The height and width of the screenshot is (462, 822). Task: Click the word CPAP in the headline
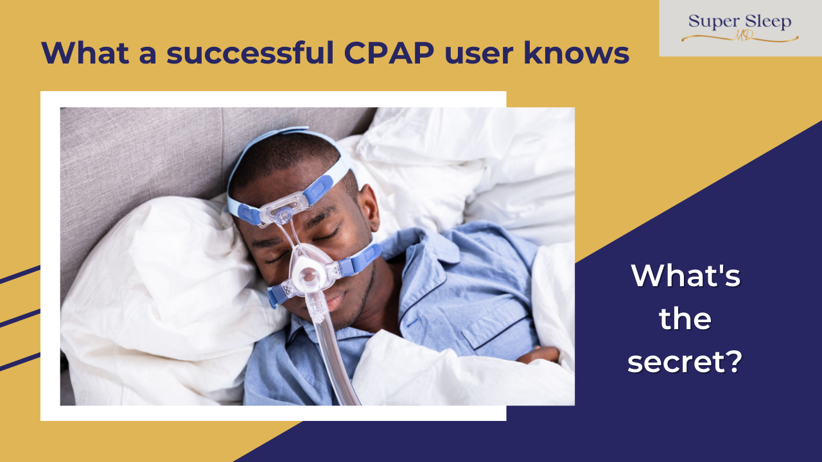click(x=389, y=53)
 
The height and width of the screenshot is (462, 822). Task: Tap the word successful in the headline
click(x=250, y=53)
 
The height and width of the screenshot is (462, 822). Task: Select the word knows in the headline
click(x=577, y=53)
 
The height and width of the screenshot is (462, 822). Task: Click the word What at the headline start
click(x=85, y=53)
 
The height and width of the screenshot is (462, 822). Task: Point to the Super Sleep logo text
click(x=740, y=21)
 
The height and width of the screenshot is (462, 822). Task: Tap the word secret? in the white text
click(x=685, y=361)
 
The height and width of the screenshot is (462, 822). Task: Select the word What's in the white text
click(x=686, y=275)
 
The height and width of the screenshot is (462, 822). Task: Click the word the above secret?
click(x=685, y=319)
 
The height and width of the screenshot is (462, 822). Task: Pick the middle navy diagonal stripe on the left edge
click(x=20, y=319)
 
